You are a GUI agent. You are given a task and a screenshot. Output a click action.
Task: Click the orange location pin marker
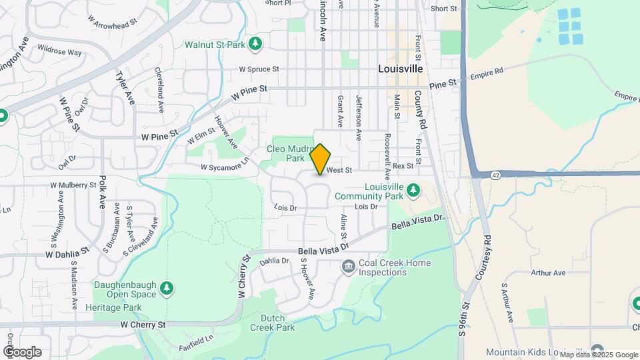click(321, 159)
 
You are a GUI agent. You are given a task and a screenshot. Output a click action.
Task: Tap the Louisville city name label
click(400, 69)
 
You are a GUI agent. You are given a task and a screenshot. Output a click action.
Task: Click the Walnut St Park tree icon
click(255, 44)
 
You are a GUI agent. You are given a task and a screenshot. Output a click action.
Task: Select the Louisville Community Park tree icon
click(413, 190)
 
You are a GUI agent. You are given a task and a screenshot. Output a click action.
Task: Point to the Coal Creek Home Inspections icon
click(347, 267)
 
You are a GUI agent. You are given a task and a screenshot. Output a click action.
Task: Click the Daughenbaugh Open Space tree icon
click(167, 289)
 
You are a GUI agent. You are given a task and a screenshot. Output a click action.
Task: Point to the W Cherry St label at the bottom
click(143, 325)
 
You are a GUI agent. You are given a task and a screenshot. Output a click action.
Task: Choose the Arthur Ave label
click(548, 273)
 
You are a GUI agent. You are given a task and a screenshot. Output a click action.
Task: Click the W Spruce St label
click(259, 69)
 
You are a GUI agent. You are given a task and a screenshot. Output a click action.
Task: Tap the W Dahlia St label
click(67, 254)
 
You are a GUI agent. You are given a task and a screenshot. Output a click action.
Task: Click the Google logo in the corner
click(21, 351)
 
